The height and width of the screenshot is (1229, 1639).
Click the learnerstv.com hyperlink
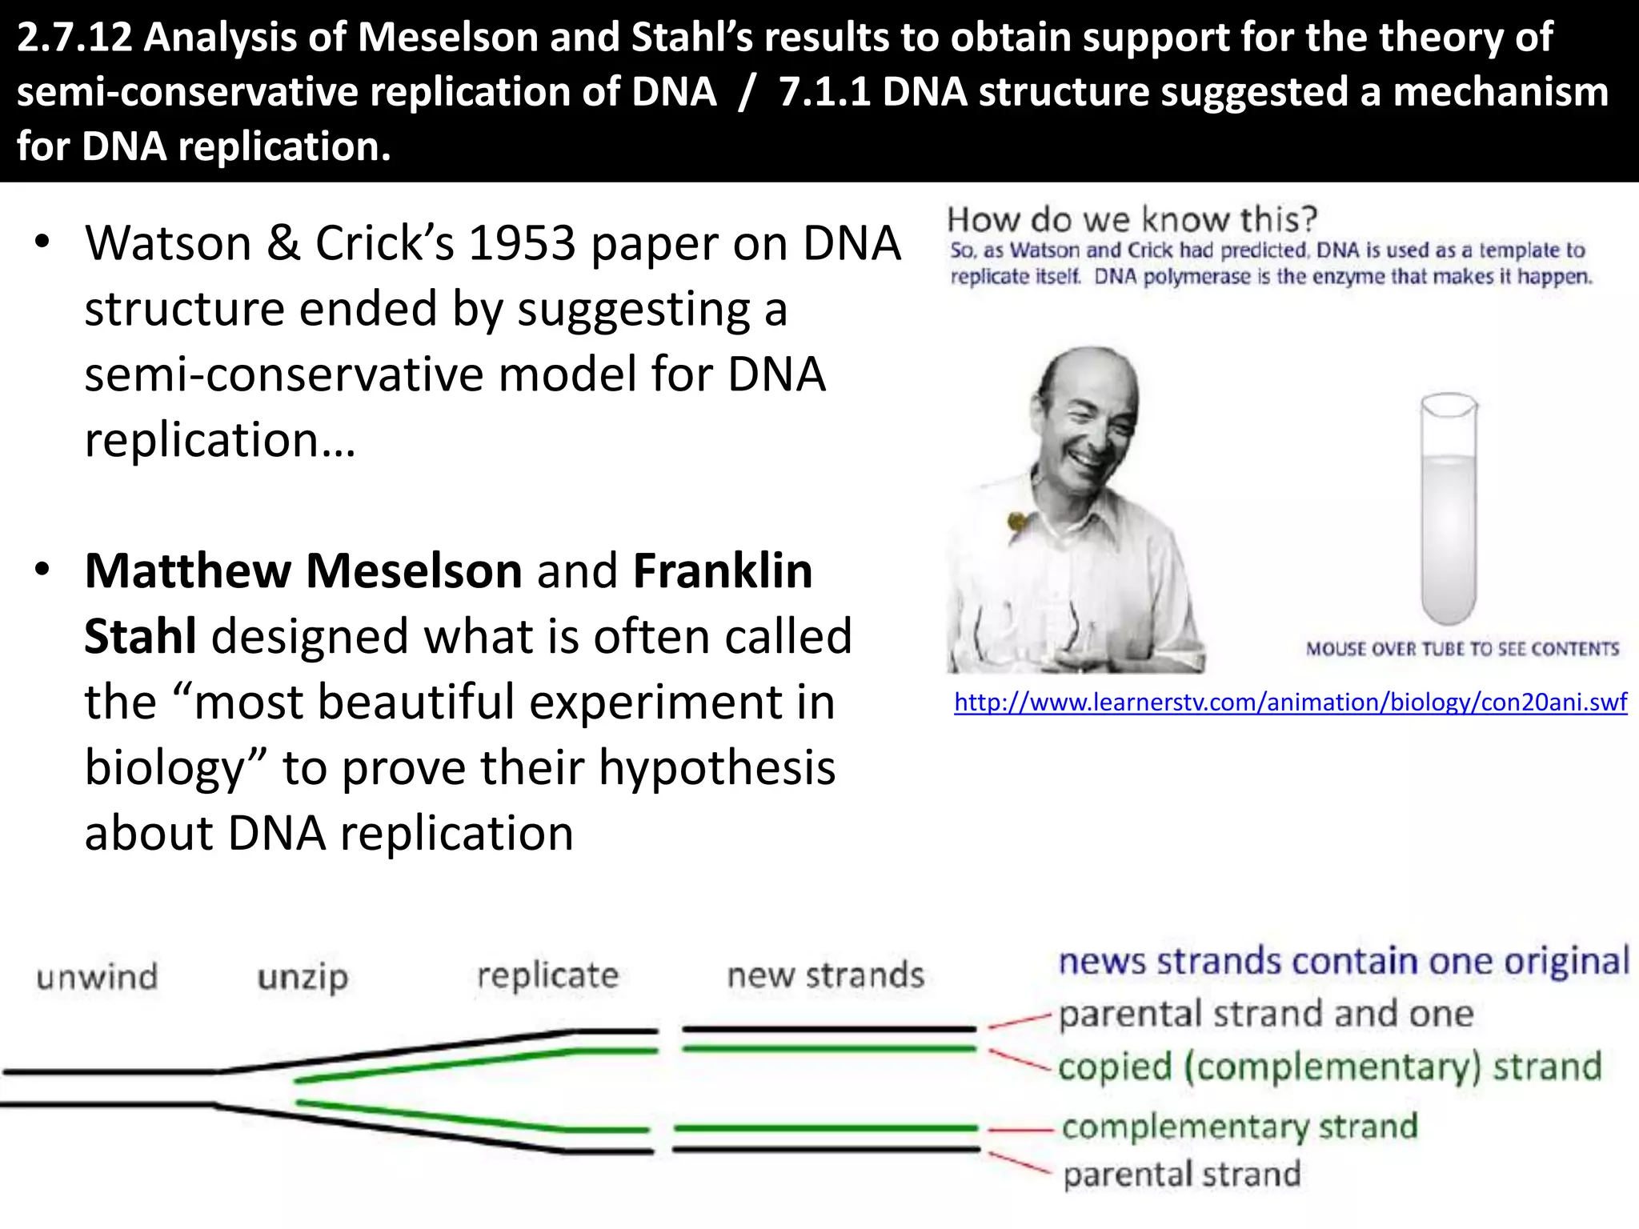click(x=1290, y=703)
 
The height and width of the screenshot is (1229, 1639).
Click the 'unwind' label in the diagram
click(x=97, y=977)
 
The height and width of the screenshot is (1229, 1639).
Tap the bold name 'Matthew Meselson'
click(x=303, y=570)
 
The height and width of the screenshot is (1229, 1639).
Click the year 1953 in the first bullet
click(x=522, y=243)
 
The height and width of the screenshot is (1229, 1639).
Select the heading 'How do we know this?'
click(x=1132, y=219)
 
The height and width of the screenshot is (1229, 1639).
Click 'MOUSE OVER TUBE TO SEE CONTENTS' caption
click(x=1462, y=649)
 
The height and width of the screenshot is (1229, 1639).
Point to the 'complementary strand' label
click(x=1240, y=1127)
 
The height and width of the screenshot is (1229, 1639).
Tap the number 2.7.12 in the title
click(x=74, y=38)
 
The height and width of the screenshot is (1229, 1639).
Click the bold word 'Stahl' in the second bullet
click(x=141, y=637)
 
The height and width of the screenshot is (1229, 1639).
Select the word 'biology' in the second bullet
click(x=176, y=768)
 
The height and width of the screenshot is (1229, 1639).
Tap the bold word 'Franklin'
click(x=723, y=570)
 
